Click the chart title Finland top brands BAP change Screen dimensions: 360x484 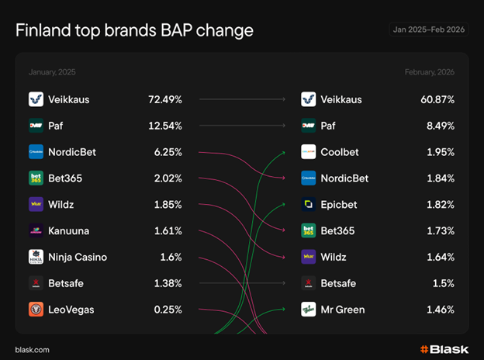point(134,30)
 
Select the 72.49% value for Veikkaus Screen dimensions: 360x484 point(165,99)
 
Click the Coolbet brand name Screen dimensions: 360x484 point(340,152)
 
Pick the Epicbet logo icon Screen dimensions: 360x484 point(308,205)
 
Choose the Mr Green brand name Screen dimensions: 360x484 point(342,310)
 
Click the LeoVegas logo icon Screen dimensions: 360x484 point(36,310)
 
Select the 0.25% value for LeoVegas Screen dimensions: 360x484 point(167,310)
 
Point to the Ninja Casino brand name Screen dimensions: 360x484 point(78,257)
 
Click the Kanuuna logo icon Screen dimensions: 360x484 point(36,230)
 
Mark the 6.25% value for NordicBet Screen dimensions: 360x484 point(168,152)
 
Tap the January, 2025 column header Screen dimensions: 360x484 point(52,72)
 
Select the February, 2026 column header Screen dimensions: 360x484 point(429,72)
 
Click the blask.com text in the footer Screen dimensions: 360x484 point(32,350)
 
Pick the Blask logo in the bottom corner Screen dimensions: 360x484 point(444,349)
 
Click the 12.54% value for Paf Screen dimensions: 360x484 point(165,126)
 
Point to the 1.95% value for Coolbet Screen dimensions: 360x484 point(440,152)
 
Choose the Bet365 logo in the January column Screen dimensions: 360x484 point(36,178)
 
